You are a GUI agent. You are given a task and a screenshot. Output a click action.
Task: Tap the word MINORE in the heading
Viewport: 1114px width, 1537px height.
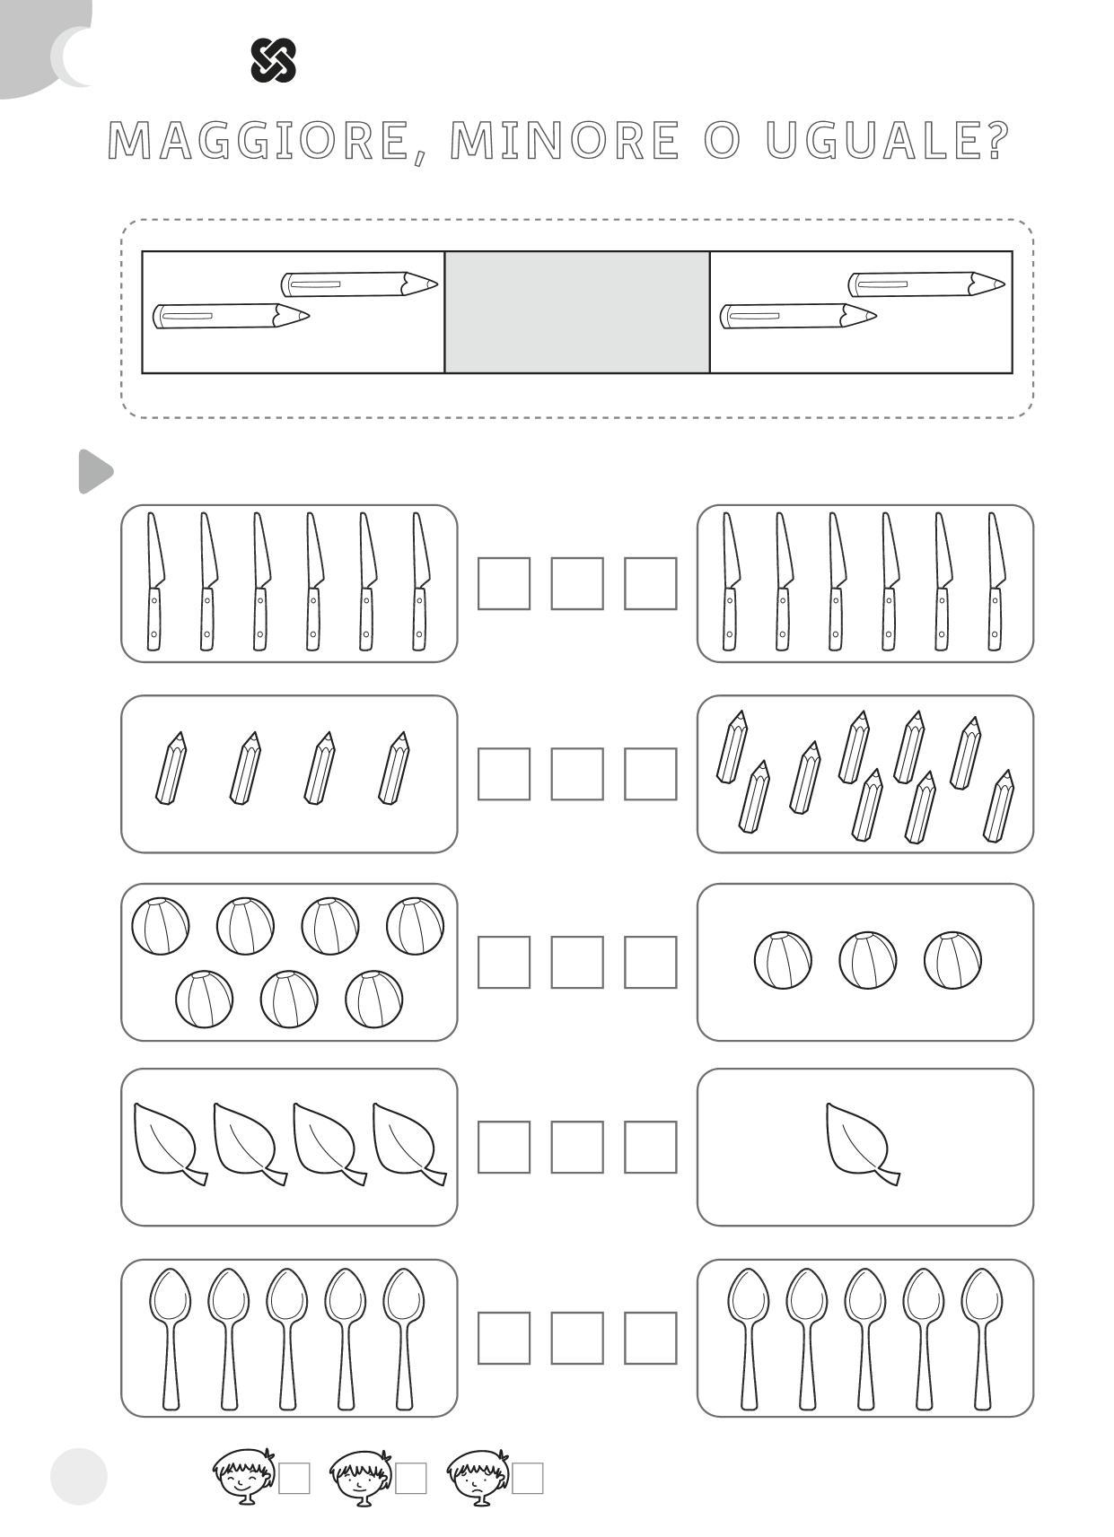[565, 141]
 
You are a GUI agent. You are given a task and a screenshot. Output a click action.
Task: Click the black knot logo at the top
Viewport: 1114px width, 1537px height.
[273, 60]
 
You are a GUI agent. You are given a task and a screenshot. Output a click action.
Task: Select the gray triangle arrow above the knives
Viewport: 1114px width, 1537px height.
[95, 471]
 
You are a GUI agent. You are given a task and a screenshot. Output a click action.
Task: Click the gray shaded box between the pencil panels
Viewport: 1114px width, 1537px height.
[576, 312]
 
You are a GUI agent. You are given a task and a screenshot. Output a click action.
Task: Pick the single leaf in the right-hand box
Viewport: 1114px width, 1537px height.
[862, 1144]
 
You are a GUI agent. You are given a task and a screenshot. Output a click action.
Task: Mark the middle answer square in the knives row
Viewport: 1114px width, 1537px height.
[577, 583]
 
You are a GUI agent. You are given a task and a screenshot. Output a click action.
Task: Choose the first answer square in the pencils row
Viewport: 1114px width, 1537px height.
[504, 774]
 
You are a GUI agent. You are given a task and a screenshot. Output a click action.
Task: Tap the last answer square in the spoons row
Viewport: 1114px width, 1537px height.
[651, 1338]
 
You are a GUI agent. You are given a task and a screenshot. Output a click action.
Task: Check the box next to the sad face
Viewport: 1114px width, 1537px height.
[528, 1478]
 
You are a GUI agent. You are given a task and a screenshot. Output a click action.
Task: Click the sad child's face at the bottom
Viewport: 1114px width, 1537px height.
[478, 1476]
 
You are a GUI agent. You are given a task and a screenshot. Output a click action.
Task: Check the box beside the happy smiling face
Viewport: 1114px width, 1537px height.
[294, 1478]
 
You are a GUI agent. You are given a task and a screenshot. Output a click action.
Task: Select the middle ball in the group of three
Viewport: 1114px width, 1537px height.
[867, 960]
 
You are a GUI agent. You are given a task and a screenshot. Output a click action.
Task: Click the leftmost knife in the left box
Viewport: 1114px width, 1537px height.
[155, 581]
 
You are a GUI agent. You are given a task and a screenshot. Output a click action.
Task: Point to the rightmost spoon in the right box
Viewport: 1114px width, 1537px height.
[982, 1339]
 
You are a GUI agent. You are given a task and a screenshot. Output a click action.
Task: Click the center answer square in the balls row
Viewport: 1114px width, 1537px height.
[577, 962]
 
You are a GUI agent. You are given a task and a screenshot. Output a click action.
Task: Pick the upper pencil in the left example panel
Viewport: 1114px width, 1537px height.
[359, 284]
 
